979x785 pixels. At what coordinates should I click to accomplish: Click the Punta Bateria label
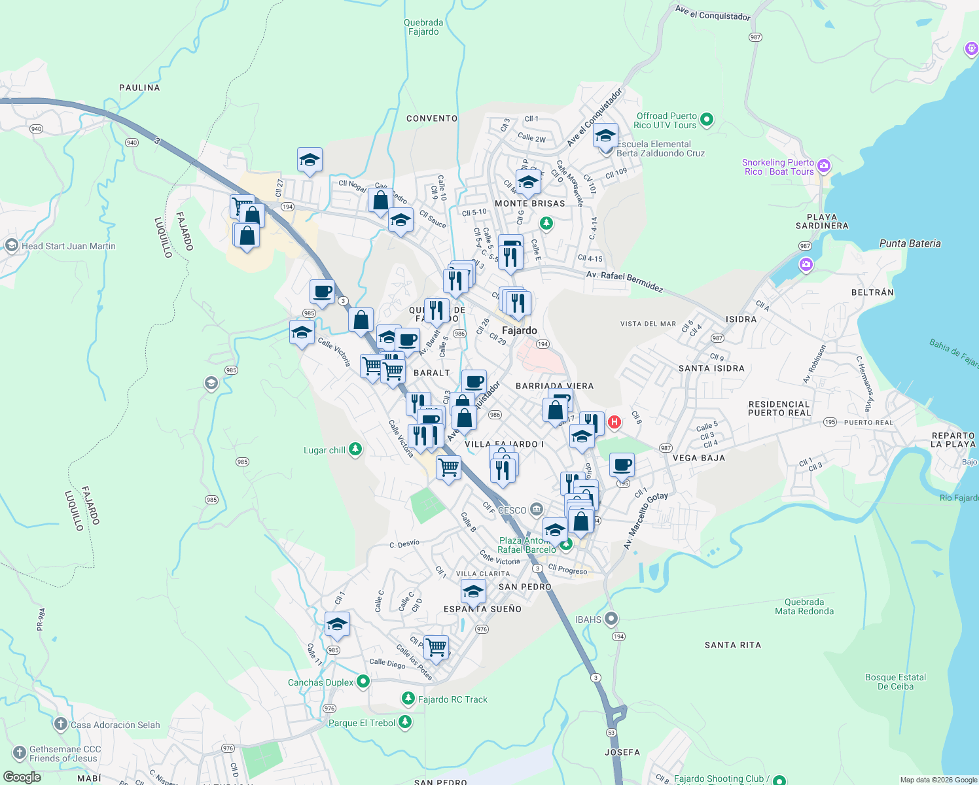[x=910, y=243]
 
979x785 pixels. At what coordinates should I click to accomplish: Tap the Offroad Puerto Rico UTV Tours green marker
[x=706, y=120]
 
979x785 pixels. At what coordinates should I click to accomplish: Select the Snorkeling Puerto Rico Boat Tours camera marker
[x=824, y=166]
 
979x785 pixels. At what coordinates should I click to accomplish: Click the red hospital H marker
[x=614, y=422]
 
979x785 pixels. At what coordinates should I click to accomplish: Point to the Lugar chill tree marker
[x=355, y=449]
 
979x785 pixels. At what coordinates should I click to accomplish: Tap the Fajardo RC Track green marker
[x=408, y=699]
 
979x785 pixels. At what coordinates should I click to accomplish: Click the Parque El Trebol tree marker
[x=405, y=722]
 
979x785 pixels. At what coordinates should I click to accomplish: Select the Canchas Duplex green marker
[x=363, y=682]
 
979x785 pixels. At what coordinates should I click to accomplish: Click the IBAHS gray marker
[x=611, y=618]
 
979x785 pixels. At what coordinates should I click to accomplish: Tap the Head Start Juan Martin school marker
[x=11, y=245]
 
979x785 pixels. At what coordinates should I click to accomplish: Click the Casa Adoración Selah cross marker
[x=61, y=724]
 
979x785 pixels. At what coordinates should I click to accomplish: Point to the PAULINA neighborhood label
[x=139, y=88]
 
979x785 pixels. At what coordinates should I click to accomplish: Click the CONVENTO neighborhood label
[x=432, y=118]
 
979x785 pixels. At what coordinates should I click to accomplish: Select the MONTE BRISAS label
[x=529, y=203]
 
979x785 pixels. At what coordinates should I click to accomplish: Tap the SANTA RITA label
[x=732, y=645]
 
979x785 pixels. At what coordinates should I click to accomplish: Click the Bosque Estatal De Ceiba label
[x=895, y=682]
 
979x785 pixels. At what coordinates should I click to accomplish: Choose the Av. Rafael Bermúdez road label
[x=624, y=281]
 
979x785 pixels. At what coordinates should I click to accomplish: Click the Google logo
[x=22, y=777]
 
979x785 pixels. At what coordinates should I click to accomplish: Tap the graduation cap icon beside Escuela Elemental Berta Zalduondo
[x=605, y=136]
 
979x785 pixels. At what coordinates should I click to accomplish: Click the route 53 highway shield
[x=611, y=732]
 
